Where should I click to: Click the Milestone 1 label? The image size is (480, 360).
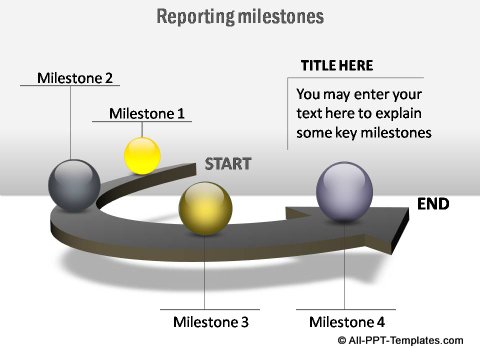(x=147, y=113)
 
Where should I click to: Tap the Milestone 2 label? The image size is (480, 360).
(x=75, y=77)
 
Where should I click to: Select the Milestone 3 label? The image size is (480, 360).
(x=210, y=322)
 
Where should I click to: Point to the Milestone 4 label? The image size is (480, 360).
(x=346, y=322)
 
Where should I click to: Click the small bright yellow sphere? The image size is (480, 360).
(x=142, y=155)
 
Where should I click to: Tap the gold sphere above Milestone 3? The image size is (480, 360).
(x=205, y=209)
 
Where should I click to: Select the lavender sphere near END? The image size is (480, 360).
(x=345, y=191)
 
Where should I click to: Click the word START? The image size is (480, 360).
(x=228, y=164)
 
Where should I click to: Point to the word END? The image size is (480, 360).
(x=433, y=204)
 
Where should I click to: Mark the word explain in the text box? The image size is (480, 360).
(x=408, y=113)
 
